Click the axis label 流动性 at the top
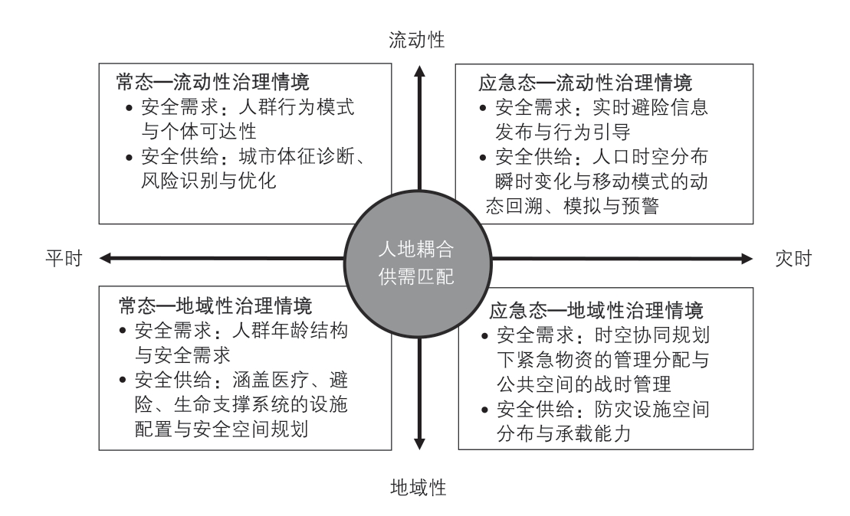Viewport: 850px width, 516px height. tap(416, 40)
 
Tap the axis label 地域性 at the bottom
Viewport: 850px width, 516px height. tap(418, 488)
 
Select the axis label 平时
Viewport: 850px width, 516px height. tap(64, 258)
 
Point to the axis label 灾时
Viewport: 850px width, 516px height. tap(793, 258)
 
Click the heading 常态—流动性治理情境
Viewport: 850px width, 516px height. tap(212, 83)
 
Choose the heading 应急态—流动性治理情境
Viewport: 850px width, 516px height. tap(585, 83)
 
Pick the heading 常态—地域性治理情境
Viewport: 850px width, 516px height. tap(215, 306)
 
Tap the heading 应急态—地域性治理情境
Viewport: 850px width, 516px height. tap(596, 311)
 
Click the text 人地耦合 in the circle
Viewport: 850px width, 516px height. tap(416, 249)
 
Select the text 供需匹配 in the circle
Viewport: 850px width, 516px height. tap(416, 276)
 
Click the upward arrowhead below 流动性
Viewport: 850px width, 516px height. tap(419, 71)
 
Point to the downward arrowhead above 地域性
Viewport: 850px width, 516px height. tap(419, 444)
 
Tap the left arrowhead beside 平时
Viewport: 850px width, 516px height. tap(106, 258)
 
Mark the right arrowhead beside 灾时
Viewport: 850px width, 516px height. tap(747, 258)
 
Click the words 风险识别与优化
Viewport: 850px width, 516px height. tap(208, 181)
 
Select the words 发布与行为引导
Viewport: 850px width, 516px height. tap(563, 132)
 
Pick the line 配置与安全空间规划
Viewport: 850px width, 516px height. tap(222, 429)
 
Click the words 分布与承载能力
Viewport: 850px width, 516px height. tap(564, 433)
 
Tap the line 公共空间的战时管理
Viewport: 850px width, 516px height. tap(584, 384)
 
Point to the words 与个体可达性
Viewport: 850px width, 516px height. tap(199, 131)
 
